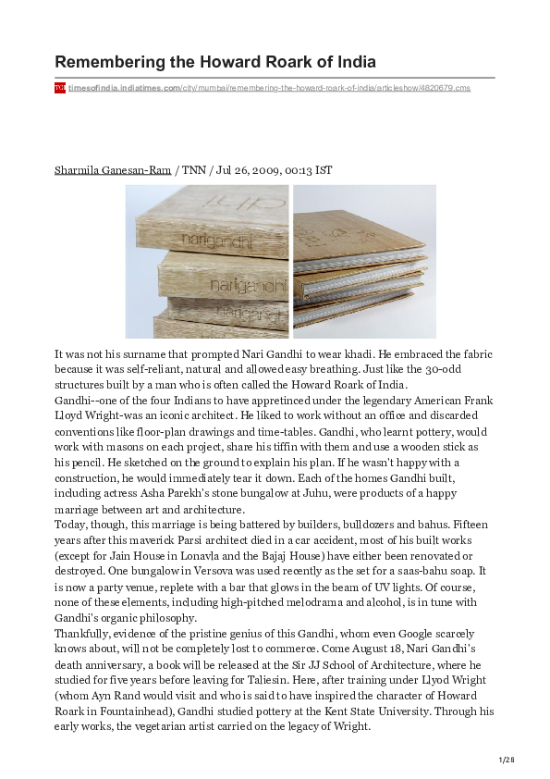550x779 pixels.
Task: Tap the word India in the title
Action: click(x=350, y=62)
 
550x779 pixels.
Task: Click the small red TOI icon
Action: click(x=59, y=88)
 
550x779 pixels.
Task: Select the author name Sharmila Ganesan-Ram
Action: click(x=114, y=171)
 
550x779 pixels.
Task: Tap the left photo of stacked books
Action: click(x=206, y=261)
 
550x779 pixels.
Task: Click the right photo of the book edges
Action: click(x=364, y=261)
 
